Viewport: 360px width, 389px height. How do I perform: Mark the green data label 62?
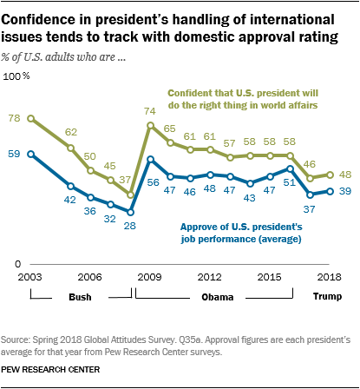coord(72,132)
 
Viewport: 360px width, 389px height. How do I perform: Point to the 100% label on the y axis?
coord(18,78)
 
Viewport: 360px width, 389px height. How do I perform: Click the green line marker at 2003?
coord(31,118)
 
